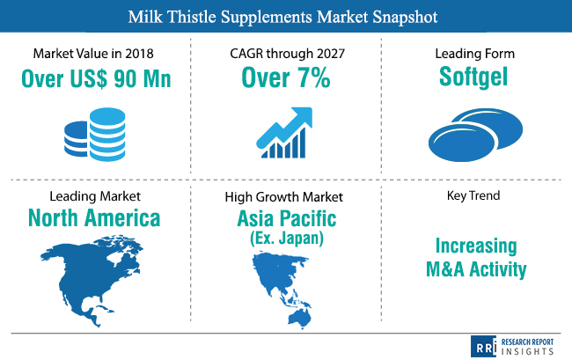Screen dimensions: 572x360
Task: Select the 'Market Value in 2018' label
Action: [x=93, y=54]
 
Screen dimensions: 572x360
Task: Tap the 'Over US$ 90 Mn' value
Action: [x=96, y=78]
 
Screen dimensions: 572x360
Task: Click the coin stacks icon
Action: [x=95, y=134]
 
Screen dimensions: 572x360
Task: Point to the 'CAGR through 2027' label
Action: [x=287, y=54]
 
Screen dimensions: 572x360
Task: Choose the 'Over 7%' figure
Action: [x=286, y=77]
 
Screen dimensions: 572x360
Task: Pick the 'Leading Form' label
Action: [x=474, y=54]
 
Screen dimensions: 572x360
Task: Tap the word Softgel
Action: [x=473, y=77]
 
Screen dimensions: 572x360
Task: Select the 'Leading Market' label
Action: [x=95, y=196]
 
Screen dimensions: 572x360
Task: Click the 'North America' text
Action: [x=94, y=217]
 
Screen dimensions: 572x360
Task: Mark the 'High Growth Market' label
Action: [x=284, y=197]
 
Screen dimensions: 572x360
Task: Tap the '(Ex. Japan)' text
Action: [x=287, y=239]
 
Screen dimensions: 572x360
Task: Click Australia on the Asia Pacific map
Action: [x=299, y=319]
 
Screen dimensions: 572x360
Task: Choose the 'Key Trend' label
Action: [x=473, y=195]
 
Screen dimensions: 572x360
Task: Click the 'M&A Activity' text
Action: [x=476, y=269]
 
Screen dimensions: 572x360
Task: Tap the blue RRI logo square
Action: [x=484, y=347]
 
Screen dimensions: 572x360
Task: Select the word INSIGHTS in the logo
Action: [x=527, y=351]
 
